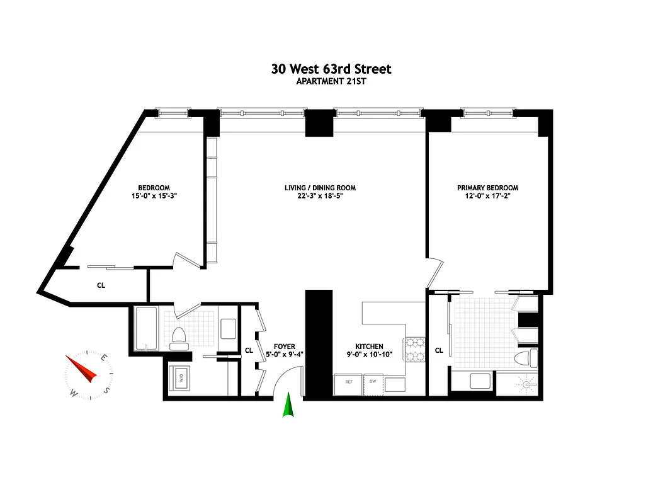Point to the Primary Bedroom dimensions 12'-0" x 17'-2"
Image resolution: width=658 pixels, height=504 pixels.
[488, 197]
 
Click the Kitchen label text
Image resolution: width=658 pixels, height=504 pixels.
[369, 346]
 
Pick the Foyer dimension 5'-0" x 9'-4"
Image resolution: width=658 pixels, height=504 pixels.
[285, 355]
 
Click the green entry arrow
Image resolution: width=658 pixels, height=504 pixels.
[289, 406]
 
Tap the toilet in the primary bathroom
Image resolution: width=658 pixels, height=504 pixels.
[524, 358]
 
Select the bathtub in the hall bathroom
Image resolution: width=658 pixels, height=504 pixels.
[145, 329]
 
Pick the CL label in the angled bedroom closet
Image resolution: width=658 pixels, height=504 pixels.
[101, 285]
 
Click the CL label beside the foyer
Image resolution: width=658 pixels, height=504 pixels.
[249, 350]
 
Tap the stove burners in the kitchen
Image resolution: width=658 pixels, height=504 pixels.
[416, 351]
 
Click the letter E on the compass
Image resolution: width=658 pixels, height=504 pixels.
[104, 357]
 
